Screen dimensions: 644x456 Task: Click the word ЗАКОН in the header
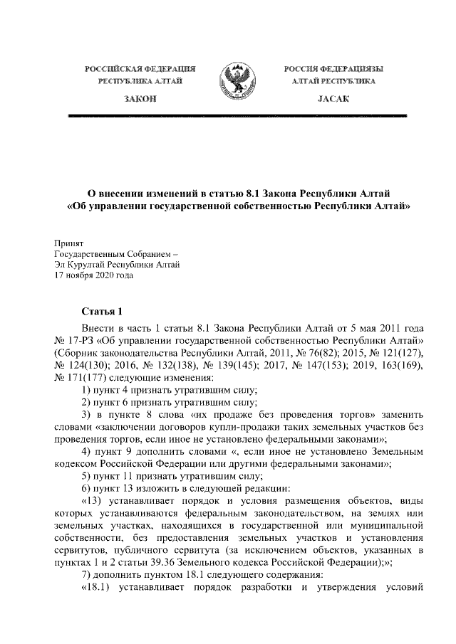(140, 101)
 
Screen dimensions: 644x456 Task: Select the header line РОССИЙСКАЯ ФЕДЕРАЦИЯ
(140, 69)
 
